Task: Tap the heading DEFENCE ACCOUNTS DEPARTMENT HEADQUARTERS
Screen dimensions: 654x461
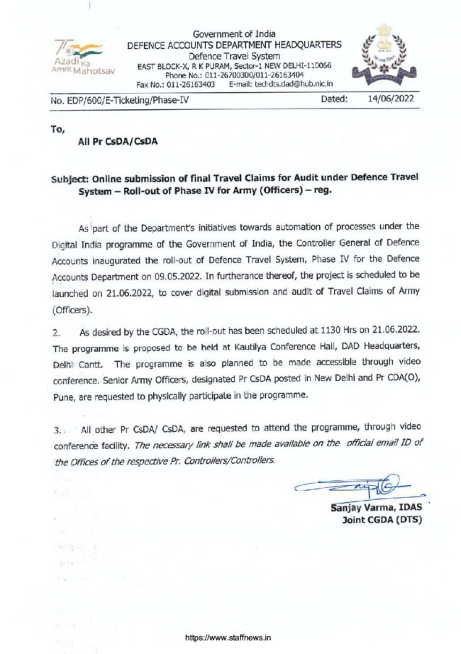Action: [x=234, y=45]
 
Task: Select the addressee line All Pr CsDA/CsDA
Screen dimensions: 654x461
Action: [x=118, y=140]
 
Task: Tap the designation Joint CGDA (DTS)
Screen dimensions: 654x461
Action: [x=382, y=522]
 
